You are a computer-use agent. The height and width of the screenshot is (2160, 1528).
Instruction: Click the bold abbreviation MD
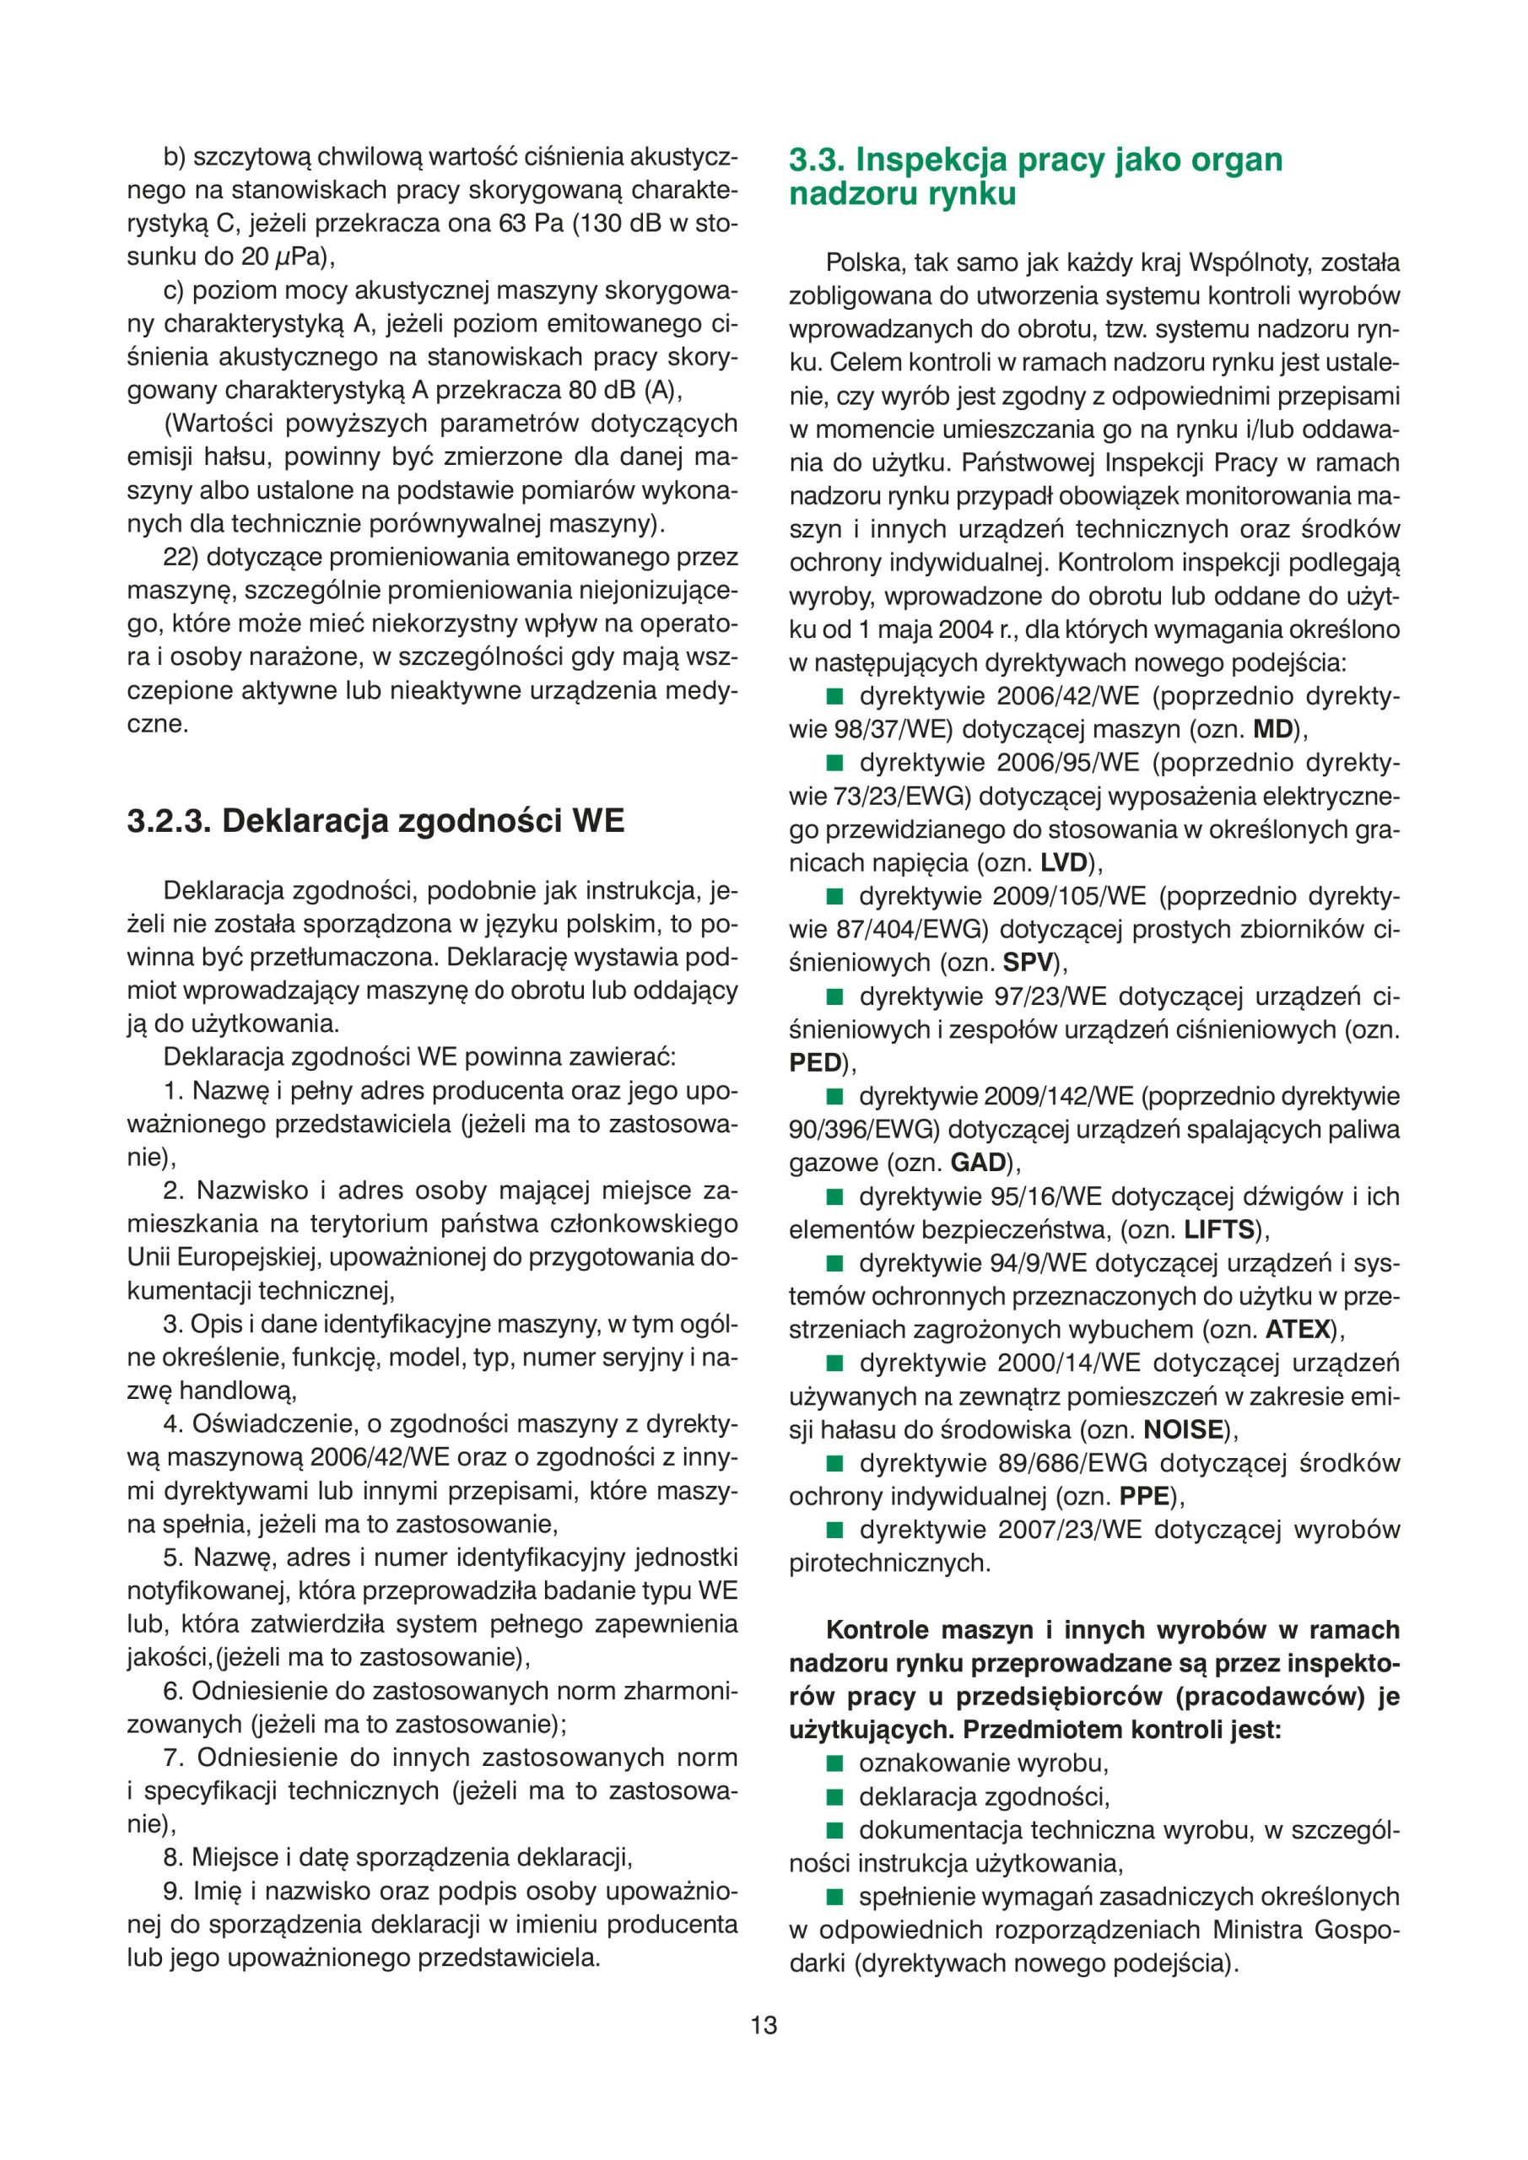pyautogui.click(x=1274, y=729)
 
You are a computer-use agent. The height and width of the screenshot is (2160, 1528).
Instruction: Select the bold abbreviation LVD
pyautogui.click(x=1063, y=862)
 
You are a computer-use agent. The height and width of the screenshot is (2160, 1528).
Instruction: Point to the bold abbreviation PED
pyautogui.click(x=815, y=1063)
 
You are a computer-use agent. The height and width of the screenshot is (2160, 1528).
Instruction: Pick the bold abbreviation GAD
pyautogui.click(x=979, y=1163)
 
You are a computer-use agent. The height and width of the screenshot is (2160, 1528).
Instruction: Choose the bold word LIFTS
pyautogui.click(x=1220, y=1229)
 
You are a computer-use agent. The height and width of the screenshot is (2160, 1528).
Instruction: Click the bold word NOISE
pyautogui.click(x=1184, y=1430)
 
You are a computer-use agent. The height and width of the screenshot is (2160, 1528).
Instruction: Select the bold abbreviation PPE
pyautogui.click(x=1143, y=1496)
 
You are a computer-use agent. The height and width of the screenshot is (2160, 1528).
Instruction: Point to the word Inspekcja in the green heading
pyautogui.click(x=933, y=161)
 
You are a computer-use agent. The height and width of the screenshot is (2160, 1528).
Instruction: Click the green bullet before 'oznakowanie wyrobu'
pyautogui.click(x=834, y=1763)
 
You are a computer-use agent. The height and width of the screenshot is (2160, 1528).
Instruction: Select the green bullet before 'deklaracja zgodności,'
pyautogui.click(x=834, y=1797)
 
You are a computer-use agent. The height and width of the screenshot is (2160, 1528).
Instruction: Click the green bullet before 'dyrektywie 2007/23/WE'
pyautogui.click(x=834, y=1530)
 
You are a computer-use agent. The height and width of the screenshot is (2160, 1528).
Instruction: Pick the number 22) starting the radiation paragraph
pyautogui.click(x=180, y=557)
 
